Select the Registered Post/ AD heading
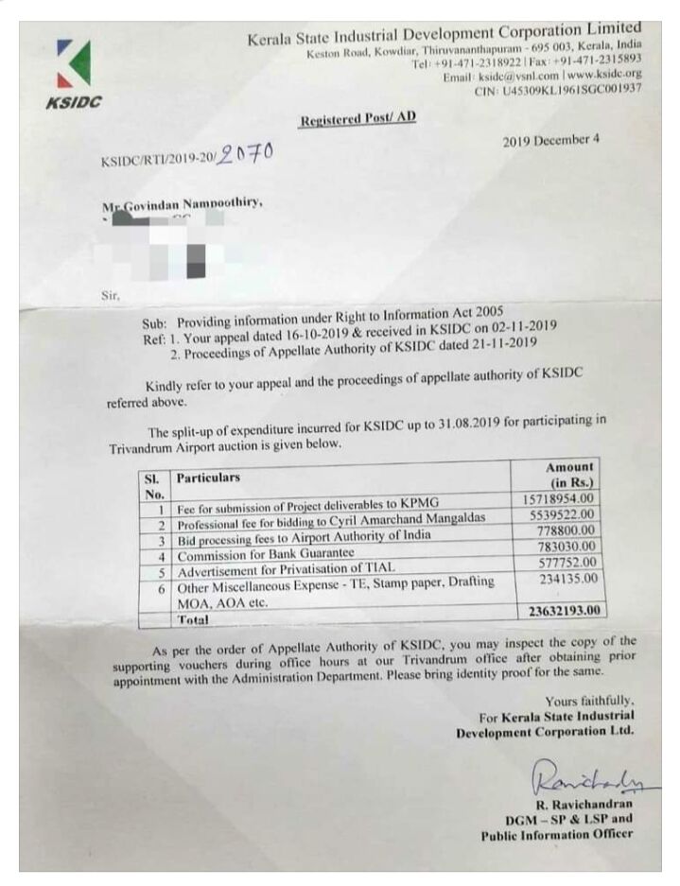[x=357, y=119]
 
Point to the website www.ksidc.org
[x=604, y=73]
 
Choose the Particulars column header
[x=208, y=478]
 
